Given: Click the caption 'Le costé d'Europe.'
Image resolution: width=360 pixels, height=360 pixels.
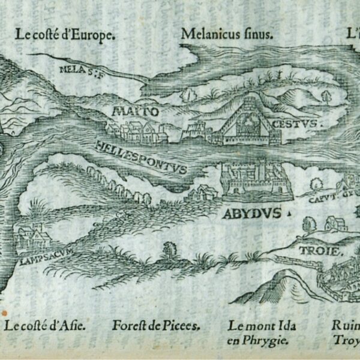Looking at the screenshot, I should pos(64,35).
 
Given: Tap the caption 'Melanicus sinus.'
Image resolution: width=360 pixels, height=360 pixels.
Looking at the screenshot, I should pos(226,34).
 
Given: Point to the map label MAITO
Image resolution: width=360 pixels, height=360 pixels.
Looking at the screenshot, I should pos(135,111).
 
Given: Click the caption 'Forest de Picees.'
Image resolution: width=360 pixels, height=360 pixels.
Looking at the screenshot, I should pos(155,326).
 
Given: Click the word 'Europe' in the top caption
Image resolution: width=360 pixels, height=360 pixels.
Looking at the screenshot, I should pos(92,35).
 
